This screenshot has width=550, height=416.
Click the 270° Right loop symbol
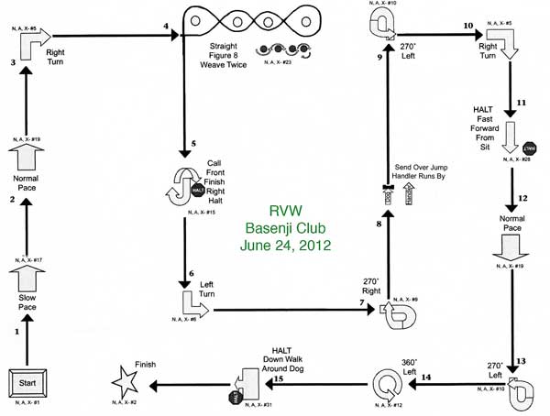400,311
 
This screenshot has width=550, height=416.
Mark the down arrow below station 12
508,246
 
